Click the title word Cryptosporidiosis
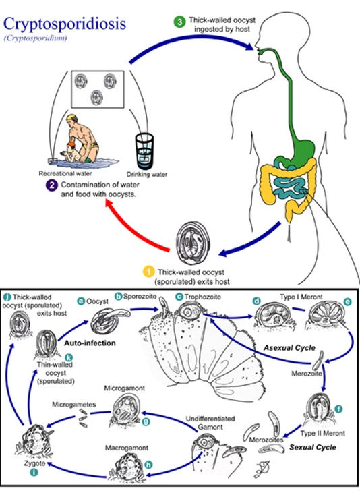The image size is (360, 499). point(65,24)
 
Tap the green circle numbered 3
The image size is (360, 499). point(180,22)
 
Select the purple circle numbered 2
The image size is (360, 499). point(52,185)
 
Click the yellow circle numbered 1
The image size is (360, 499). point(148,272)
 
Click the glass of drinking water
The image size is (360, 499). point(145,150)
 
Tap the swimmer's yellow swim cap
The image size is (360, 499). point(72,117)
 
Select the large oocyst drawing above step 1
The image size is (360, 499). point(193,243)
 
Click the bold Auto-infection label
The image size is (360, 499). point(90,343)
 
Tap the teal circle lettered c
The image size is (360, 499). point(179,297)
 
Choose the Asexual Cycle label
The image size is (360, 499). point(289,348)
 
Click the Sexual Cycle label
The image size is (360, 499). point(313,448)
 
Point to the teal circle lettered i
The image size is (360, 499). point(34,472)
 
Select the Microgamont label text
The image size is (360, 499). point(124,388)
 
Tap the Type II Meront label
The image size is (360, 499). point(322,433)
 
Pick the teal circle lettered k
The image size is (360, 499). point(68,357)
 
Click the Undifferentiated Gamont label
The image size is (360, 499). point(210,423)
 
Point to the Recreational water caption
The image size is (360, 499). point(65,173)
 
